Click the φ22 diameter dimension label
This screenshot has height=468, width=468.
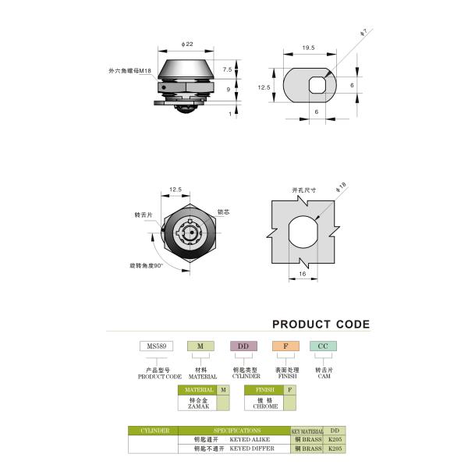pyautogui.click(x=186, y=43)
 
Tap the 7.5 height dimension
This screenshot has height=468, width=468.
pyautogui.click(x=227, y=69)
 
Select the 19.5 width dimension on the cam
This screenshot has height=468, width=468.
pyautogui.click(x=309, y=48)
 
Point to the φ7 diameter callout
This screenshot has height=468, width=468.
pyautogui.click(x=363, y=33)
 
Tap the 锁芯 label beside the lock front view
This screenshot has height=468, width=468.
pyautogui.click(x=223, y=212)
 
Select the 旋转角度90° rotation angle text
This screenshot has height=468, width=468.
pyautogui.click(x=146, y=266)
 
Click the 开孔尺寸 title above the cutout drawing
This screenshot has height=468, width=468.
pyautogui.click(x=303, y=189)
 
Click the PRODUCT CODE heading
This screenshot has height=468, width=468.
pyautogui.click(x=321, y=324)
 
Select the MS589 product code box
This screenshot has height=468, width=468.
pyautogui.click(x=154, y=346)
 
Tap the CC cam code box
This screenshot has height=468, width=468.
pyautogui.click(x=323, y=346)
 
